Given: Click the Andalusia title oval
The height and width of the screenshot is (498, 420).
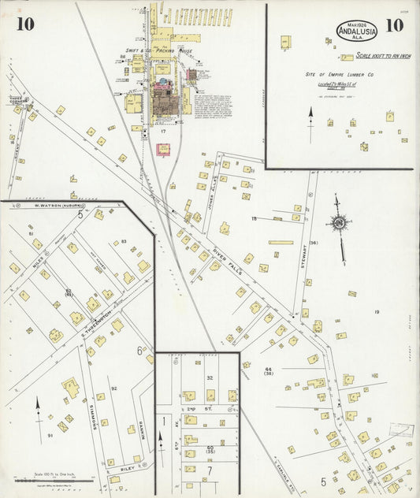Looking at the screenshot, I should click(357, 30).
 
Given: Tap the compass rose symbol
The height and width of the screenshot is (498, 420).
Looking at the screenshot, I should click(339, 223).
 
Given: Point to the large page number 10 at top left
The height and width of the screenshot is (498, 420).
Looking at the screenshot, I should click(24, 24).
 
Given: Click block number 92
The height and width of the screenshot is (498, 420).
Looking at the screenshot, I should click(113, 388).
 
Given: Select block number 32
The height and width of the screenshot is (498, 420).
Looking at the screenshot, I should click(210, 378).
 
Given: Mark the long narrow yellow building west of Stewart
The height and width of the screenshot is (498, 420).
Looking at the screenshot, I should click(281, 242).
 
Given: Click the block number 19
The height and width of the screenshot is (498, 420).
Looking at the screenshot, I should click(377, 313).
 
